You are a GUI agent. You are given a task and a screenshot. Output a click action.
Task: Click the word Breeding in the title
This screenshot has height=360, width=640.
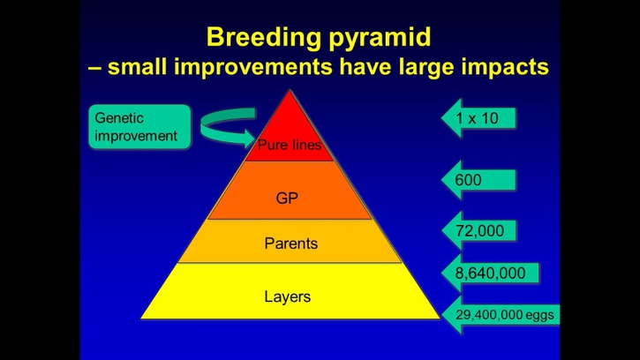tap(264, 38)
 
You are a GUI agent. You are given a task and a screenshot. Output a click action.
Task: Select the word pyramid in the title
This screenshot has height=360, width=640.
tap(380, 38)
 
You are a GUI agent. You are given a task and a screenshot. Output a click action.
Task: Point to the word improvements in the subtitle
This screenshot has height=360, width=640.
tap(253, 67)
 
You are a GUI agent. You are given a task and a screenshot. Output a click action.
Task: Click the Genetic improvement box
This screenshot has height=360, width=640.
tap(139, 126)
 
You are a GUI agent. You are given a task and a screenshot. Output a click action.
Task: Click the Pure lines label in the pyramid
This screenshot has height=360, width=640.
tap(290, 145)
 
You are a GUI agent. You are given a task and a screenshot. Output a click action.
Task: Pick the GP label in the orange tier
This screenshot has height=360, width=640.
tap(287, 199)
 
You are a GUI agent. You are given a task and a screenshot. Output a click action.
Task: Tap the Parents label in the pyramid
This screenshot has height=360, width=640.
tap(291, 244)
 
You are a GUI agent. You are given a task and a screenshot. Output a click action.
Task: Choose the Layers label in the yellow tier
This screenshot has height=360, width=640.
tap(288, 296)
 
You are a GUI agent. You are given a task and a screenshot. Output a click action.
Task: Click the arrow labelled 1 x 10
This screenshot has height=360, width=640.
tap(478, 118)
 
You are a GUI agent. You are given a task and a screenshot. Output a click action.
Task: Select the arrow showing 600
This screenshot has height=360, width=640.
tap(478, 180)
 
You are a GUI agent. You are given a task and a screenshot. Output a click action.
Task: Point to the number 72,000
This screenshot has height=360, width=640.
tap(479, 231)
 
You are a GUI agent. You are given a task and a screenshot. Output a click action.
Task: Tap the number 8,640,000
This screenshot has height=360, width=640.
tap(490, 273)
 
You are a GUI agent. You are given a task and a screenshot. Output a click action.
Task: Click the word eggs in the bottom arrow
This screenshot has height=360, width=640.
tap(539, 315)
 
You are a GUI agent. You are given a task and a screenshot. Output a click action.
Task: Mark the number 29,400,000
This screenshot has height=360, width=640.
tap(489, 315)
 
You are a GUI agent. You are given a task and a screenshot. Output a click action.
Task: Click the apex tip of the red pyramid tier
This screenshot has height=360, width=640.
tap(290, 90)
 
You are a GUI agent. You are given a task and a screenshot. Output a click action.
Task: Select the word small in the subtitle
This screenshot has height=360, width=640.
tap(137, 67)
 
